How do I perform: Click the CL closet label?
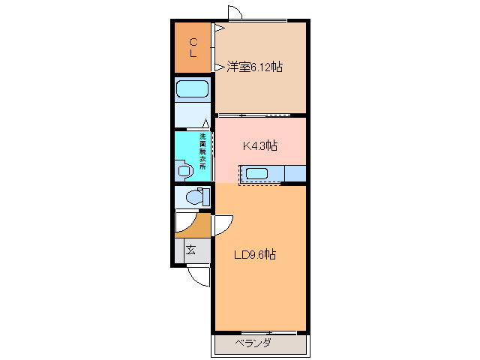[x=193, y=47]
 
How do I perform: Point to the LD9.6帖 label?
[x=254, y=255]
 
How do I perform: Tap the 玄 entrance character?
[x=191, y=250]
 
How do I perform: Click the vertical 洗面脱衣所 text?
[x=202, y=154]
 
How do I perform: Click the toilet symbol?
[x=193, y=198]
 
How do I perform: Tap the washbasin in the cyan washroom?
[x=184, y=170]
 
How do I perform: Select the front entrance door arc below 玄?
[x=199, y=276]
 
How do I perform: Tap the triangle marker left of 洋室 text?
[x=219, y=67]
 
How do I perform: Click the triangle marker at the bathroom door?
[x=205, y=123]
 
